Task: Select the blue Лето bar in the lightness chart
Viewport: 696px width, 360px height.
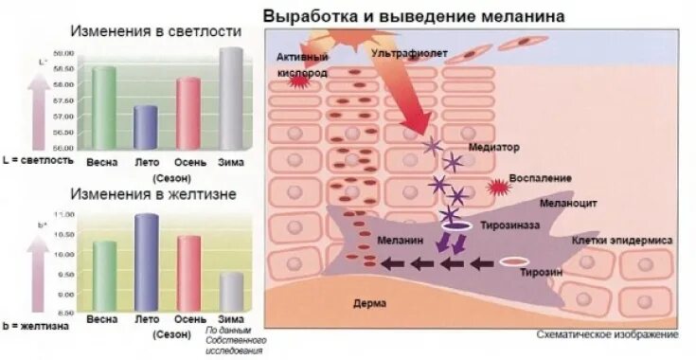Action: (145, 127)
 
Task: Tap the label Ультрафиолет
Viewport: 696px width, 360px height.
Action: (409, 54)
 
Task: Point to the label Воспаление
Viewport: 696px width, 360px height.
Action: (541, 178)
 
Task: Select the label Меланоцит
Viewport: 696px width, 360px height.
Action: (566, 203)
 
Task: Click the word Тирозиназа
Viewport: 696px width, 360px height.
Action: (510, 227)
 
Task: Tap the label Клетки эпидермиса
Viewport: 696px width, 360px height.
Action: (622, 241)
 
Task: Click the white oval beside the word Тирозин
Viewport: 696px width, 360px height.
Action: (514, 261)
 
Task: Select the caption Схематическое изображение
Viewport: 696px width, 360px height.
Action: (606, 334)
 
